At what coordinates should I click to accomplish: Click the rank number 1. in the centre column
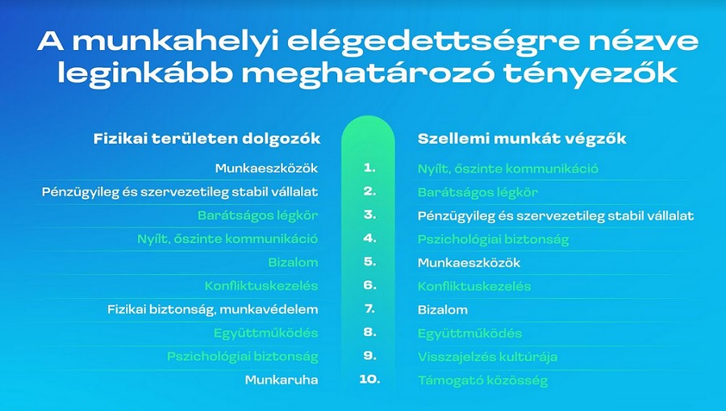point(369,168)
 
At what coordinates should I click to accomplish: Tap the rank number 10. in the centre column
point(369,380)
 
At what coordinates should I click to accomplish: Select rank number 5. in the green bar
point(369,262)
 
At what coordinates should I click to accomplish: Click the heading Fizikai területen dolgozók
point(207,139)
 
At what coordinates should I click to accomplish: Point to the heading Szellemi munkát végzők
point(522,139)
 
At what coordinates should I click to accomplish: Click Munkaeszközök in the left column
point(266,168)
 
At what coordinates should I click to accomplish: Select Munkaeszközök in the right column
point(469,262)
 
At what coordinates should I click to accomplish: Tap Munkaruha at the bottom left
point(281,380)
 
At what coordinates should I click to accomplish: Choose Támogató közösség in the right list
point(482,381)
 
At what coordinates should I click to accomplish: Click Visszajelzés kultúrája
point(487,357)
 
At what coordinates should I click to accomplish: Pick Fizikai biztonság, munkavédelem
point(212,309)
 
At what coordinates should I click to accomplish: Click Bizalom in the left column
point(293,262)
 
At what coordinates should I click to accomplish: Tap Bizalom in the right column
point(442,309)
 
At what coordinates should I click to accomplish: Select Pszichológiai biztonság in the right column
point(493,240)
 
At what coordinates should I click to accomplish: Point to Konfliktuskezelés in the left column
point(261,286)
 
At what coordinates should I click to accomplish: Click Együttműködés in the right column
point(469,333)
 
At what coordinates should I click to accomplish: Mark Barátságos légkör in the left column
point(257,216)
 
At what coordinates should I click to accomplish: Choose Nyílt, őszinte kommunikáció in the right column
point(507,169)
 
